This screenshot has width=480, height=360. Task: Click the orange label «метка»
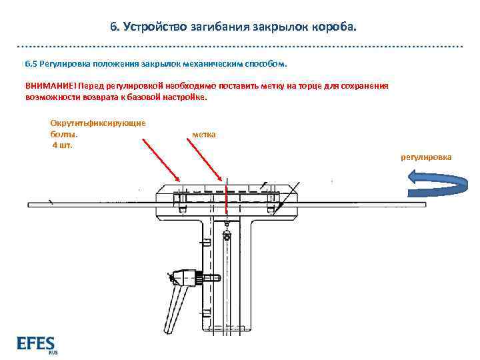[x=203, y=135]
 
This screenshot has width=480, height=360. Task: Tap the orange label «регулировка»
[x=425, y=157]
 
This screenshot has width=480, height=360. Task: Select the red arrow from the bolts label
[x=161, y=159]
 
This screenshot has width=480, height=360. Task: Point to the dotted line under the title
[x=240, y=47]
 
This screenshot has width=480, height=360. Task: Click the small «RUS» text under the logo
[x=53, y=353]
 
